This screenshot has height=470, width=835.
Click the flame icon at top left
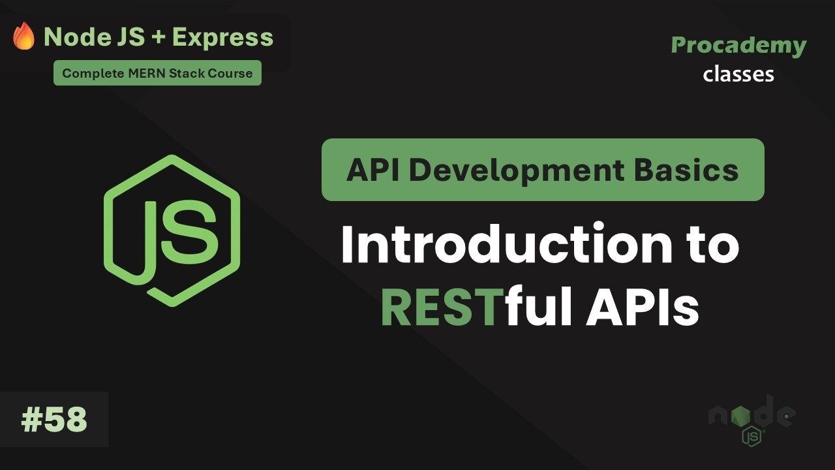coord(24,37)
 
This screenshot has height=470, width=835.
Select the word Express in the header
coord(223,38)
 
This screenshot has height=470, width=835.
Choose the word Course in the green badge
coord(230,73)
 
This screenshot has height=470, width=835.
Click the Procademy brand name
coord(738,45)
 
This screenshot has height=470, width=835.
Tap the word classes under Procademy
coord(738,74)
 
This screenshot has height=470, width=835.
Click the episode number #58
coord(54,420)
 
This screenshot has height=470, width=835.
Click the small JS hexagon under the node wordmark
coord(751,436)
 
